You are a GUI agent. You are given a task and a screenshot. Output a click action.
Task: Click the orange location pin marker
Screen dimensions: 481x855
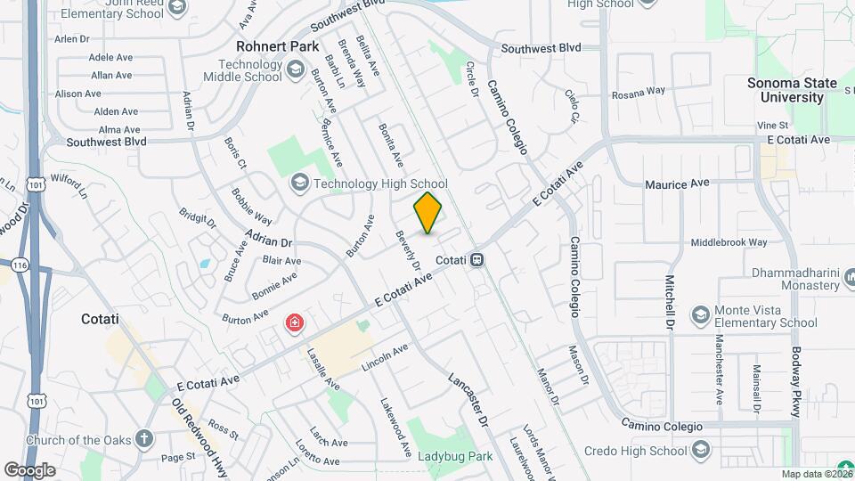click(428, 212)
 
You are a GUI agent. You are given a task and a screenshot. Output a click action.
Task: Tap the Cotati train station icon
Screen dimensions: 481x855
click(478, 259)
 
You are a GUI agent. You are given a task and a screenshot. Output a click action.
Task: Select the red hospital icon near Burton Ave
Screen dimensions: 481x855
click(293, 322)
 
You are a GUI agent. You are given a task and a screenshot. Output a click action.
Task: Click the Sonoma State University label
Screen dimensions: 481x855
click(792, 90)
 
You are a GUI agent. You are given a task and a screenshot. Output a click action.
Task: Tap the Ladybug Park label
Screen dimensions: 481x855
click(455, 457)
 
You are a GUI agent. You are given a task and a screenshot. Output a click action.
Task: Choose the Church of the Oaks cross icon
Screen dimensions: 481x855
click(143, 439)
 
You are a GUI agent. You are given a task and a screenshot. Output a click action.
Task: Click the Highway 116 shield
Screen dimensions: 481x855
click(17, 265)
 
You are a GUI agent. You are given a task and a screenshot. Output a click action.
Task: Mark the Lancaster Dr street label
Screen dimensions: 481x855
click(469, 400)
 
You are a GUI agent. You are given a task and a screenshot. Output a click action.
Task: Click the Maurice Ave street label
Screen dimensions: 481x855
click(677, 184)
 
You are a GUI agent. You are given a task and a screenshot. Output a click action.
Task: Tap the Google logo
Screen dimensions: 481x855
click(30, 469)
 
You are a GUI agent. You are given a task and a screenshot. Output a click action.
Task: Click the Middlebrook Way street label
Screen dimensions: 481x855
click(729, 242)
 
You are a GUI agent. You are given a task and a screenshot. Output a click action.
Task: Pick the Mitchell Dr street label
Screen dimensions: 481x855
click(667, 301)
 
